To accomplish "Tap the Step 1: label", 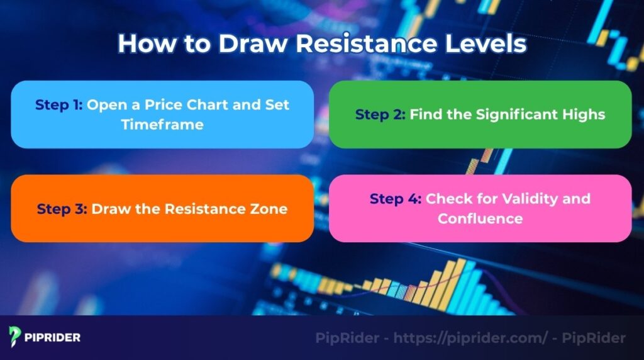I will (x=58, y=104).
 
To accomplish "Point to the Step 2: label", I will (x=380, y=115).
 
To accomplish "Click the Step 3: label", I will (x=62, y=209).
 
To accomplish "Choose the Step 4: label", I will (x=395, y=199).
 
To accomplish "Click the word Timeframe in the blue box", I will (x=162, y=125).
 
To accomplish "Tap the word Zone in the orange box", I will (x=270, y=209).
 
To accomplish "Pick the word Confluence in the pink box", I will (x=480, y=219).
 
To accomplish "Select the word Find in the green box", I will (x=425, y=115).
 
